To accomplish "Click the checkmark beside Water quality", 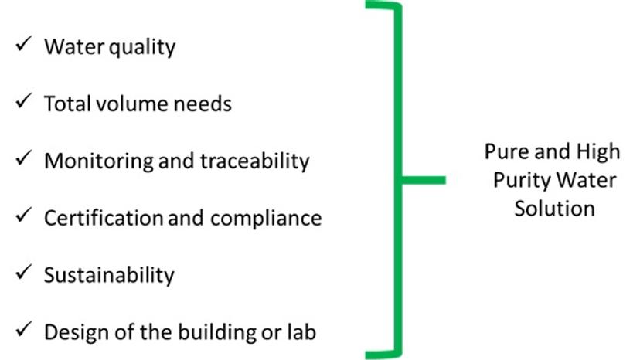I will tap(22, 45).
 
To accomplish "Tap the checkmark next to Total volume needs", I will tap(22, 102).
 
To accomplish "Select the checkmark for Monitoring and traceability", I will tap(22, 159).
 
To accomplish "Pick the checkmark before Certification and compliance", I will tap(22, 216).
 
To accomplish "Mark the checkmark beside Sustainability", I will tap(22, 273).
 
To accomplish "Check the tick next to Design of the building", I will tap(22, 331).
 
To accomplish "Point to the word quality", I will tap(141, 48).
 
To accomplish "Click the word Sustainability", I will tap(109, 276).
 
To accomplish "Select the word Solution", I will tap(554, 209).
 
